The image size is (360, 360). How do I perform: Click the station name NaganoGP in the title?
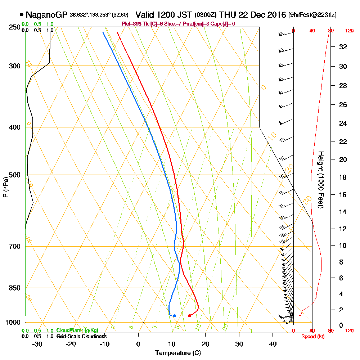tap(47, 15)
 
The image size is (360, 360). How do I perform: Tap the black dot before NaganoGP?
tap(22, 15)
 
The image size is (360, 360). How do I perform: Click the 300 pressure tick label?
tap(15, 66)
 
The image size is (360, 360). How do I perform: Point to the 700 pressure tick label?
tap(15, 247)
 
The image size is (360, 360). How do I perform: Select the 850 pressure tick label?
tap(15, 288)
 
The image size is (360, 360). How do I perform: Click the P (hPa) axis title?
tap(5, 187)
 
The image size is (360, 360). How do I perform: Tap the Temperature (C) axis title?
tap(178, 353)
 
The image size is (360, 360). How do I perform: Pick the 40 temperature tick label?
tap(273, 344)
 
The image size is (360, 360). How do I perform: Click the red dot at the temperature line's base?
tap(189, 316)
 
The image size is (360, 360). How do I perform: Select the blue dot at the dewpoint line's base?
tap(174, 316)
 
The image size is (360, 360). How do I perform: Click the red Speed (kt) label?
tap(312, 337)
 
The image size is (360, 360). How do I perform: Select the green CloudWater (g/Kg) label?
tap(77, 330)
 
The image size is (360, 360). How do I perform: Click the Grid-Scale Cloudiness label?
tap(81, 336)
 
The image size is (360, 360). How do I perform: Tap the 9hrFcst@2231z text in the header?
tap(312, 15)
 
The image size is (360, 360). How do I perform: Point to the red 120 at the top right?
tap(349, 31)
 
